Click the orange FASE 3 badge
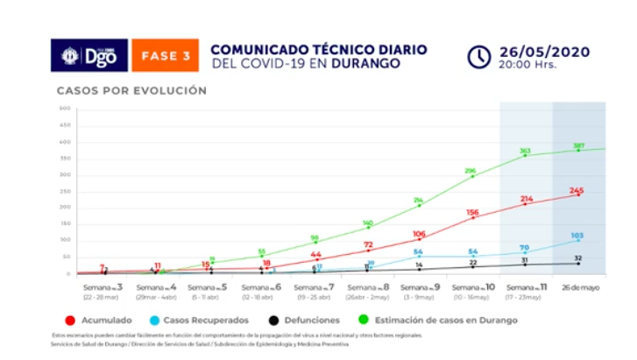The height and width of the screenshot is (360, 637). click(x=166, y=55)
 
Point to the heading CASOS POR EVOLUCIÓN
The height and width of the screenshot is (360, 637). click(x=131, y=90)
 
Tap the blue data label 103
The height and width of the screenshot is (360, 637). click(x=577, y=235)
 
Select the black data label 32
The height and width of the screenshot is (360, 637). click(x=577, y=258)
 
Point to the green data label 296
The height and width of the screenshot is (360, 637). click(x=471, y=170)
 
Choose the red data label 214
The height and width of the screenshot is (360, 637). click(x=526, y=199)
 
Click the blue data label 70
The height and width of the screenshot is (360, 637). click(x=525, y=248)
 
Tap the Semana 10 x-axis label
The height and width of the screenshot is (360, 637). click(x=472, y=290)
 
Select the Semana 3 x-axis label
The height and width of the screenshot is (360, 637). click(x=103, y=290)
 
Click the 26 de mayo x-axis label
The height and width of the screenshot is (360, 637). click(x=579, y=286)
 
